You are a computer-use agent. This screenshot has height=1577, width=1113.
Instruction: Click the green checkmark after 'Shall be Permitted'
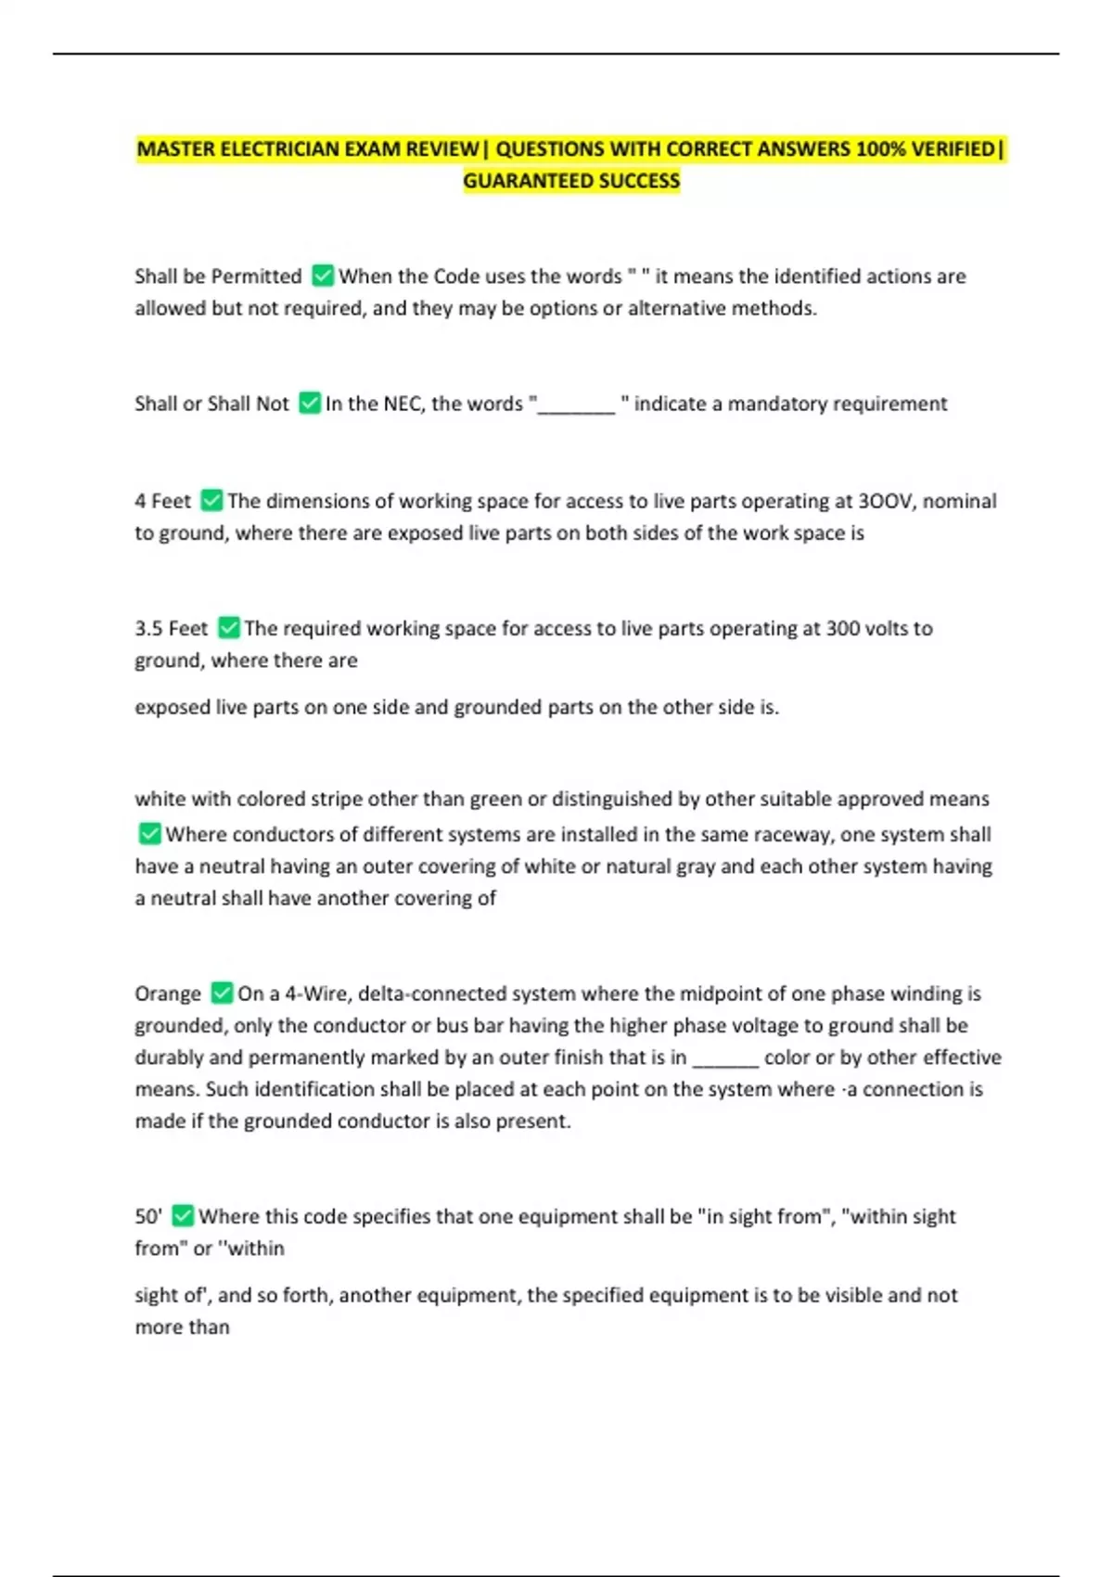pos(323,276)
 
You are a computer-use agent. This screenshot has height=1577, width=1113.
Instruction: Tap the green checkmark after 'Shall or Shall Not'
pos(310,404)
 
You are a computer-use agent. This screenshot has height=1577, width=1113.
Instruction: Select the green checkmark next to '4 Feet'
pos(211,501)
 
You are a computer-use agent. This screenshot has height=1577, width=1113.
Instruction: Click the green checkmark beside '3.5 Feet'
pos(229,628)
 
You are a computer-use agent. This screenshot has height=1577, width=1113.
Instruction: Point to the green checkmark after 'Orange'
pos(222,994)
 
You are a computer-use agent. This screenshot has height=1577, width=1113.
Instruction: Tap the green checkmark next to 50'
pos(183,1216)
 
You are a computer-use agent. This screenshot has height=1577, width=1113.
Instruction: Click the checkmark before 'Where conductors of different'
pos(149,834)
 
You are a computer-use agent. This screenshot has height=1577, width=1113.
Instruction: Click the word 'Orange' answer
pos(168,994)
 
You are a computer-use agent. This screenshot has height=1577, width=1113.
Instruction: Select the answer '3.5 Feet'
pos(172,628)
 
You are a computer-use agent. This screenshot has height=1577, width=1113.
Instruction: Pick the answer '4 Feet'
pos(163,501)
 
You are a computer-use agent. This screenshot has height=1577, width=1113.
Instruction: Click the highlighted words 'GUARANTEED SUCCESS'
pos(571,181)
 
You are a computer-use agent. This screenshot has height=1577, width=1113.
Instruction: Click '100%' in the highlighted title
pos(881,149)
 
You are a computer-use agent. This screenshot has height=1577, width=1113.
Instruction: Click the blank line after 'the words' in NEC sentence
pos(576,406)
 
